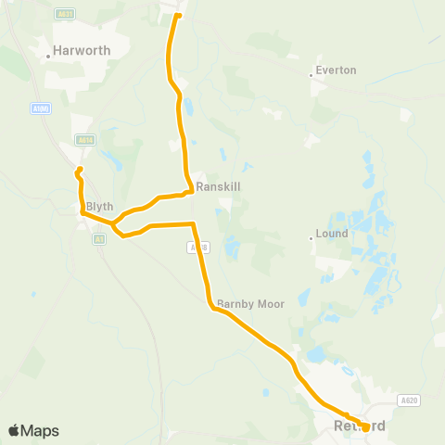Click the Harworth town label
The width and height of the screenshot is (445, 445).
tap(83, 51)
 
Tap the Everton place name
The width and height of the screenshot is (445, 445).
tap(336, 70)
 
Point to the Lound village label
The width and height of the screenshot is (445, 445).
tap(332, 234)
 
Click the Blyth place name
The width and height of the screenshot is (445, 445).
tap(99, 207)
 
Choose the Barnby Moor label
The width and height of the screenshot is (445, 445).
tap(250, 303)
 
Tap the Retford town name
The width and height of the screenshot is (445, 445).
tap(358, 426)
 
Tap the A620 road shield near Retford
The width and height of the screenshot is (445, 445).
tap(409, 400)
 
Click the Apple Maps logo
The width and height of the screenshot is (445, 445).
tap(33, 431)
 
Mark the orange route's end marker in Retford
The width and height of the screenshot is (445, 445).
tap(365, 427)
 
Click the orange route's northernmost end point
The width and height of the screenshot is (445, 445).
tap(178, 15)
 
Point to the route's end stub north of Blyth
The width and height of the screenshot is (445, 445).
tap(80, 169)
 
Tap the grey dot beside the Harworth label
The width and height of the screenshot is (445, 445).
tap(49, 55)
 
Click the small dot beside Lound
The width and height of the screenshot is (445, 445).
tap(311, 237)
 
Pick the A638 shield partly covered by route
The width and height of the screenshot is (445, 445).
tap(193, 247)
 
